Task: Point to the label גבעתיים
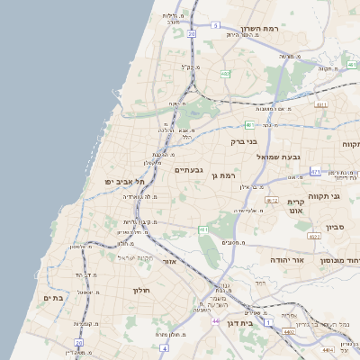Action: [190, 170]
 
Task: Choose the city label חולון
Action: [140, 290]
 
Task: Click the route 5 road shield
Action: [216, 26]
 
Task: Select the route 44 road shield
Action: [216, 320]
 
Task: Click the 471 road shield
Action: [315, 170]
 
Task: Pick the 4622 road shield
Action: [314, 236]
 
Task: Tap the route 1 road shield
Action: [268, 321]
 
